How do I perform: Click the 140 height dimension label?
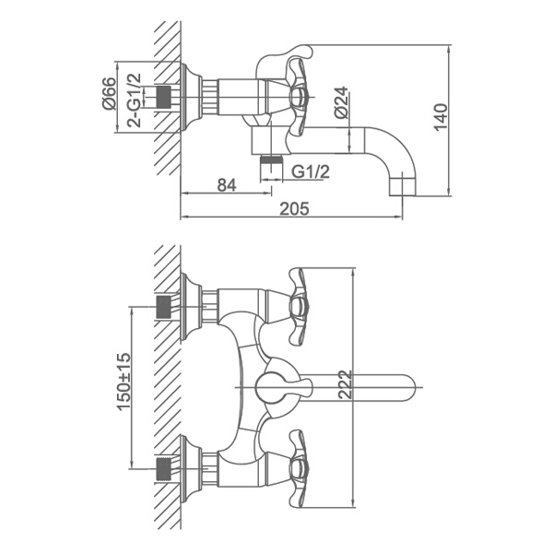(441, 117)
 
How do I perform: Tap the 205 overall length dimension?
(294, 209)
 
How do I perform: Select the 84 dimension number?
(227, 185)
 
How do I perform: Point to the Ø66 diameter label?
(110, 93)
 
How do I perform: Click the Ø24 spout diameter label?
(341, 102)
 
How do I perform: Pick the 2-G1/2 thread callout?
(135, 100)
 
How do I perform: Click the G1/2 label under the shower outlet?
(311, 171)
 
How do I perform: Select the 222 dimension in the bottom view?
(346, 384)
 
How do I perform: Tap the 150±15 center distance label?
(124, 382)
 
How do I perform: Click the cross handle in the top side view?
(299, 96)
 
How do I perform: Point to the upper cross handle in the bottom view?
(299, 306)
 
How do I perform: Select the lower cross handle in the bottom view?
(299, 468)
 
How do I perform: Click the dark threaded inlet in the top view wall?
(163, 96)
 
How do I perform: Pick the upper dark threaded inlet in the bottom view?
(163, 307)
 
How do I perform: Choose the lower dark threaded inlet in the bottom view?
(163, 468)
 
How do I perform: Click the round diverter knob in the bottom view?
(269, 387)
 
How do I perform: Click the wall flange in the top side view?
(191, 97)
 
